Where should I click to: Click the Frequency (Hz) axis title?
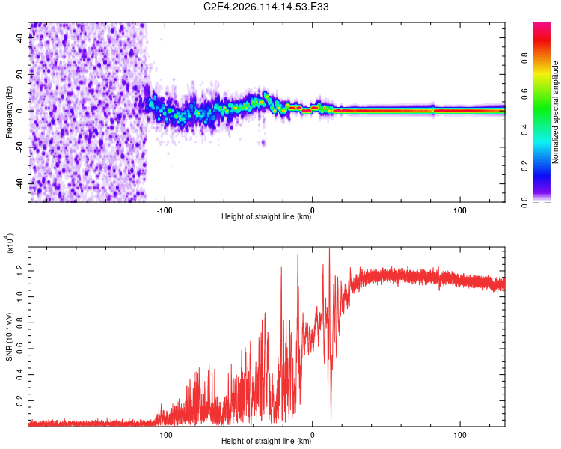[9, 112]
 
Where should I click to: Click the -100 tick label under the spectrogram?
[165, 209]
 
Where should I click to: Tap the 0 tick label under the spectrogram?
[313, 209]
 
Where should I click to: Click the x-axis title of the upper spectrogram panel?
[266, 218]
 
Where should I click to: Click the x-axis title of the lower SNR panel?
[266, 442]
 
